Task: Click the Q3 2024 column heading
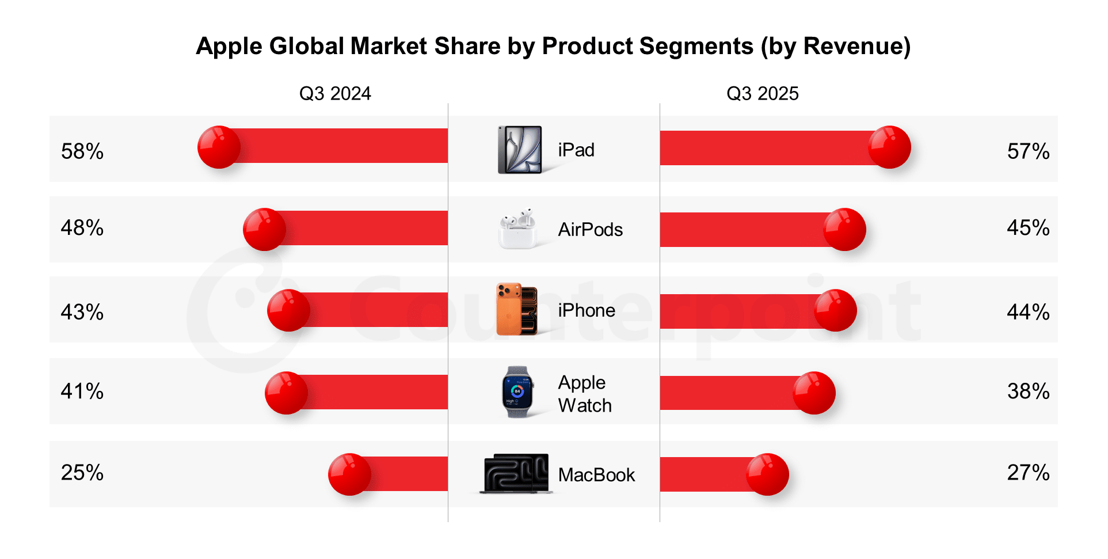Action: (x=335, y=93)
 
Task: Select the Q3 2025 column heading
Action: (x=762, y=93)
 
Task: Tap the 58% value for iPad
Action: (x=82, y=151)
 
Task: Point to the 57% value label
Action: (x=1028, y=151)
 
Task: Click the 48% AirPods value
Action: (x=82, y=228)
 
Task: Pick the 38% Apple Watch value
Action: (x=1028, y=391)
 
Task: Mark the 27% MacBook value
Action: (x=1028, y=473)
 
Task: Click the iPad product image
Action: (x=520, y=150)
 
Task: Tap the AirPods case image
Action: (x=517, y=230)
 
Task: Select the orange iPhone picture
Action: (x=517, y=309)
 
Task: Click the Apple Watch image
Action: (x=517, y=392)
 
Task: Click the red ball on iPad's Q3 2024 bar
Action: (x=219, y=147)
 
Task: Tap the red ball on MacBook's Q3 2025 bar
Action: (x=767, y=474)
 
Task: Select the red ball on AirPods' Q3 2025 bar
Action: (x=844, y=229)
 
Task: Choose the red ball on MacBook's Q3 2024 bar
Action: (x=349, y=474)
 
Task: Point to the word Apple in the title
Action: (x=229, y=46)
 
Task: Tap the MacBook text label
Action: (x=596, y=475)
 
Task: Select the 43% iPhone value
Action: (x=82, y=312)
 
